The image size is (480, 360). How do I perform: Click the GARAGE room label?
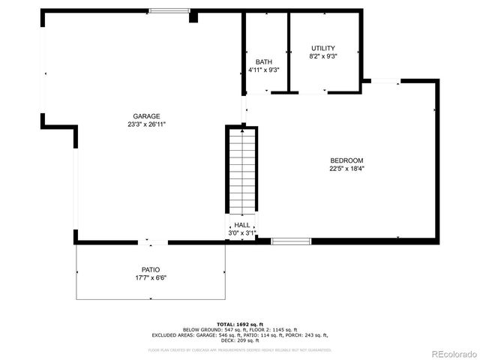[146, 116]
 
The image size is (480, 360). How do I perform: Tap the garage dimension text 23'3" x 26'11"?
[146, 124]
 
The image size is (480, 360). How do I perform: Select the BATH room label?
[263, 61]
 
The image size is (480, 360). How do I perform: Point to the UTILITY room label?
[322, 48]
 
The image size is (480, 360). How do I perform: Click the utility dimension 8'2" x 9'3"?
[322, 56]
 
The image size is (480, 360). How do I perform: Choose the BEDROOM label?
[346, 160]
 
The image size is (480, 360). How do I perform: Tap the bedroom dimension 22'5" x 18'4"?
[346, 169]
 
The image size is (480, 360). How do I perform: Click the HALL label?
[241, 225]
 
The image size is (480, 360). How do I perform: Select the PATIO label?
[151, 269]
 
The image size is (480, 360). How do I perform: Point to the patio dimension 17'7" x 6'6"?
[151, 277]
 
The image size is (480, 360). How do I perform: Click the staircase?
[241, 171]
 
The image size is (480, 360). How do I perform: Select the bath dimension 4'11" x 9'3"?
[263, 70]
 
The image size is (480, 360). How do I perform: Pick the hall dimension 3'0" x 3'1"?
[241, 233]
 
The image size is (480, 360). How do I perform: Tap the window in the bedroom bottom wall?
[291, 241]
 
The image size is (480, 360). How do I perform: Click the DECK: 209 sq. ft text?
[241, 340]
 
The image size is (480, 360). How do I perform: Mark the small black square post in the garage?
[193, 16]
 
